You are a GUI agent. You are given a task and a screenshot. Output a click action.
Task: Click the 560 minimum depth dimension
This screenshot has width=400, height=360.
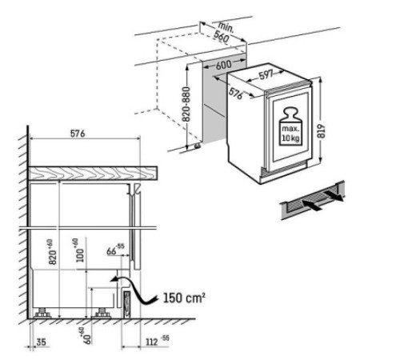(x=221, y=37)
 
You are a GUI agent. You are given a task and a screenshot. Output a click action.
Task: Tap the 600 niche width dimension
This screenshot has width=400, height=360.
(x=223, y=65)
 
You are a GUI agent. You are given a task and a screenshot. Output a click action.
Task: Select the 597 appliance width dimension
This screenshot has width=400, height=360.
(x=266, y=74)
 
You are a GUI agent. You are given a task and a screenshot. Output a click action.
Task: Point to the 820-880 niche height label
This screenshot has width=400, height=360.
(x=186, y=104)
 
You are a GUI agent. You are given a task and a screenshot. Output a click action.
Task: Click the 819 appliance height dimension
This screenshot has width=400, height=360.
(x=322, y=131)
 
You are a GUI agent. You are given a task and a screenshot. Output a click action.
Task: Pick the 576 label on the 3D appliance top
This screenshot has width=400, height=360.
(x=235, y=94)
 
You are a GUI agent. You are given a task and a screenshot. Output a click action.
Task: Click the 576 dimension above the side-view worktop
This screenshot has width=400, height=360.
(x=78, y=134)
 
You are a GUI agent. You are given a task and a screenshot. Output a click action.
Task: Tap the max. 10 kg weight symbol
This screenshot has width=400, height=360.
(x=290, y=126)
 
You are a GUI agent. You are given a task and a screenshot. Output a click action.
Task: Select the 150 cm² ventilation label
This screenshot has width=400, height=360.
(x=184, y=298)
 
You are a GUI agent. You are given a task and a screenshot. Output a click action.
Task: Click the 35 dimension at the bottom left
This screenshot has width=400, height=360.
(x=42, y=342)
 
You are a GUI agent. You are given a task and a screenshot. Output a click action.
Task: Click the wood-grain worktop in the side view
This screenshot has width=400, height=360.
(x=93, y=174)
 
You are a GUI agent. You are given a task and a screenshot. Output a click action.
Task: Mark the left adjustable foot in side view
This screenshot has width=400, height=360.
(x=42, y=313)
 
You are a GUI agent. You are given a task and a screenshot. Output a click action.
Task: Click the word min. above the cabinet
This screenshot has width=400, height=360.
(x=226, y=26)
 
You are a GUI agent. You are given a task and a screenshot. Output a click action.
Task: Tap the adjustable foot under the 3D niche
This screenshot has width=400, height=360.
(x=198, y=146)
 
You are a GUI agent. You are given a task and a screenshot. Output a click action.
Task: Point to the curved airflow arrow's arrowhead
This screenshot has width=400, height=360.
(x=114, y=279)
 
